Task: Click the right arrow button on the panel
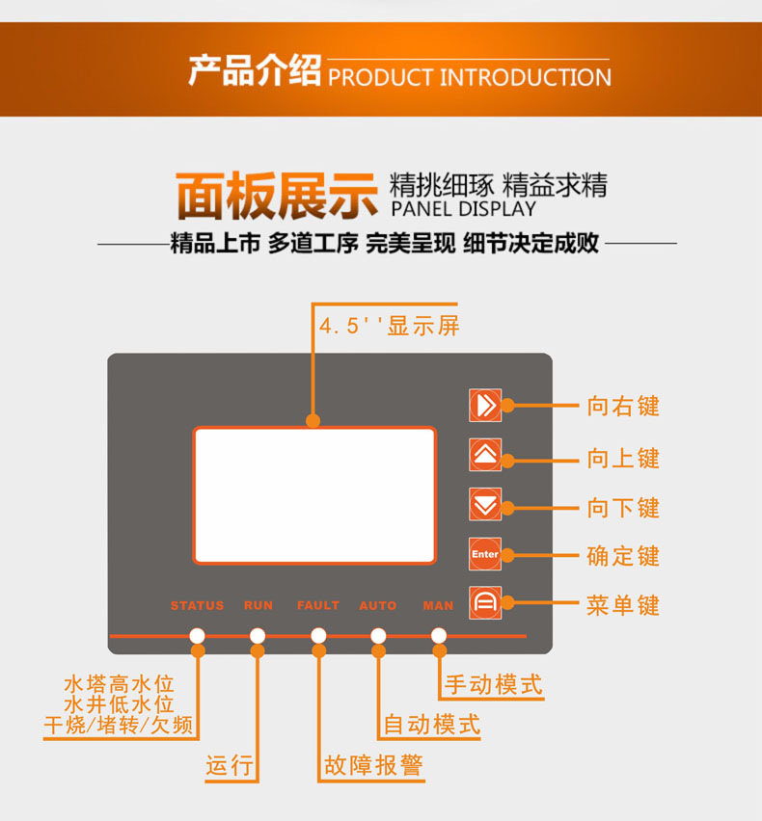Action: tap(485, 406)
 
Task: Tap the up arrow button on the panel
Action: tap(485, 455)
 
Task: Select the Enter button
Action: tap(485, 554)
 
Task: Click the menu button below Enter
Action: tap(485, 602)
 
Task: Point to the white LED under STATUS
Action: tap(198, 636)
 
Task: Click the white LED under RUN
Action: tap(258, 636)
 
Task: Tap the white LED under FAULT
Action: tap(318, 636)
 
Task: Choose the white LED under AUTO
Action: tap(378, 636)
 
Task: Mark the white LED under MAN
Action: tap(439, 636)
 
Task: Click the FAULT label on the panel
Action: tap(318, 606)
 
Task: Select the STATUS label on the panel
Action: tap(197, 606)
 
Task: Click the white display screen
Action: tap(314, 495)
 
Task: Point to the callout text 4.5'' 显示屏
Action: tap(390, 326)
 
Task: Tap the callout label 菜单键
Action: tap(622, 605)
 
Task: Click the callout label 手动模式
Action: tap(493, 684)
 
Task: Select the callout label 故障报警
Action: tap(373, 765)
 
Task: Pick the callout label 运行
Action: tap(230, 765)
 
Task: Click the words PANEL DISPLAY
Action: tap(463, 209)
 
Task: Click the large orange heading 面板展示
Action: tap(277, 196)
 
